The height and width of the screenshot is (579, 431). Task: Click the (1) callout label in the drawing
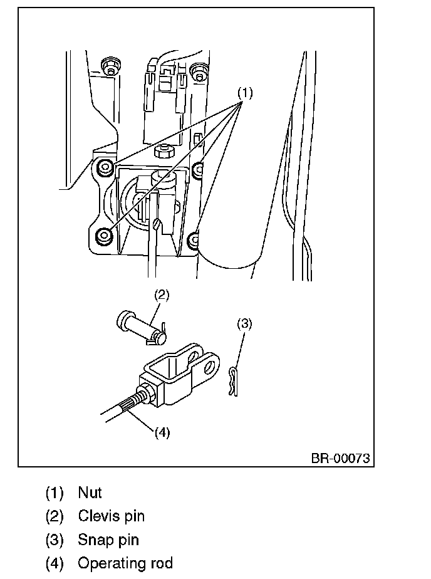[x=244, y=93]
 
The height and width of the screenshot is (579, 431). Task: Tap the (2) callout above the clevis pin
[x=162, y=293]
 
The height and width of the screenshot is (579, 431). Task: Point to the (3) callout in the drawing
[x=244, y=324]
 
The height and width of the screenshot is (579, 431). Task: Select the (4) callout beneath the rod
[x=162, y=433]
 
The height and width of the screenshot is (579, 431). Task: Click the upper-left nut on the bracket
[x=105, y=167]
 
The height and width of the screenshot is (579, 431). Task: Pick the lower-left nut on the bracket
[x=105, y=235]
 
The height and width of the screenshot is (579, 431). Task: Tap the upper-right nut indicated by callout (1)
[x=198, y=168]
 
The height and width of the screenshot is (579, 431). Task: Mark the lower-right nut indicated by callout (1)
[x=195, y=239]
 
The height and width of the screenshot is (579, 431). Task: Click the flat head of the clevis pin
[x=122, y=319]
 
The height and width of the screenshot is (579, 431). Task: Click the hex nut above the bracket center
[x=164, y=152]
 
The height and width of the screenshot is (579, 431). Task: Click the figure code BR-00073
[x=340, y=458]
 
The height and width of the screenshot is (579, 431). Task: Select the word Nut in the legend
[x=90, y=493]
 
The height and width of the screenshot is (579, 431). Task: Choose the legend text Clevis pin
[x=111, y=516]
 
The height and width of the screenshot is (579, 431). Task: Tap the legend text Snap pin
[x=108, y=540]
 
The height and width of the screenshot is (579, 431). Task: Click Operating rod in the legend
[x=125, y=563]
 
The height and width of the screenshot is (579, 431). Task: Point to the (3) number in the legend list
[x=55, y=540]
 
